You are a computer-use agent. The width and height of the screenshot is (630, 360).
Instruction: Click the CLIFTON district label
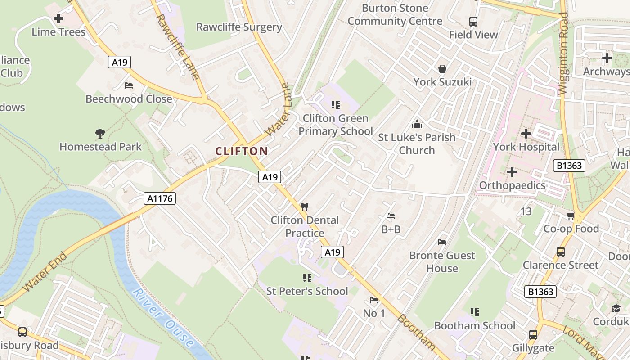242,151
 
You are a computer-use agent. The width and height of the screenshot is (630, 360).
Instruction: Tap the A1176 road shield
160,198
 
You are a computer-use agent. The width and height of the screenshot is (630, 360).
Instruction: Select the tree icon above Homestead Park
100,133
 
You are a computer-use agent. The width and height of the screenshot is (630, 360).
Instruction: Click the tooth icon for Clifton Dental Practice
305,207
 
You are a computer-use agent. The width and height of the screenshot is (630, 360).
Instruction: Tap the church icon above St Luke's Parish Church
417,124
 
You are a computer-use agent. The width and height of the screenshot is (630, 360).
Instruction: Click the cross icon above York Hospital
526,134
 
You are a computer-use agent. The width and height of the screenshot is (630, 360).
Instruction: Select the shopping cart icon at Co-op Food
571,216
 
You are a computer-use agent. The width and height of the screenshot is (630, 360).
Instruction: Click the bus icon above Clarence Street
560,252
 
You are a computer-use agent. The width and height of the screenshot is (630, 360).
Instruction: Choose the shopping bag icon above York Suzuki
442,69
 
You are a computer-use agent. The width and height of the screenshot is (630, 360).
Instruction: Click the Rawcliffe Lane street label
177,47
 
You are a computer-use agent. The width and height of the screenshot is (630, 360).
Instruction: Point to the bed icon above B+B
390,216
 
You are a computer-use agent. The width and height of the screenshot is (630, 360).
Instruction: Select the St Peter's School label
307,291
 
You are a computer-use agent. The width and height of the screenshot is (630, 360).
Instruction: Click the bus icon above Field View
473,21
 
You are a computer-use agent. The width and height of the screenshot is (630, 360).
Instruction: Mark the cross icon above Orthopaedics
512,172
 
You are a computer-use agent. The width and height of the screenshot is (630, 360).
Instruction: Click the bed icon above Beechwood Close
129,85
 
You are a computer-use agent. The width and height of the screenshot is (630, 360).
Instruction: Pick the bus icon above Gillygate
533,335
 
